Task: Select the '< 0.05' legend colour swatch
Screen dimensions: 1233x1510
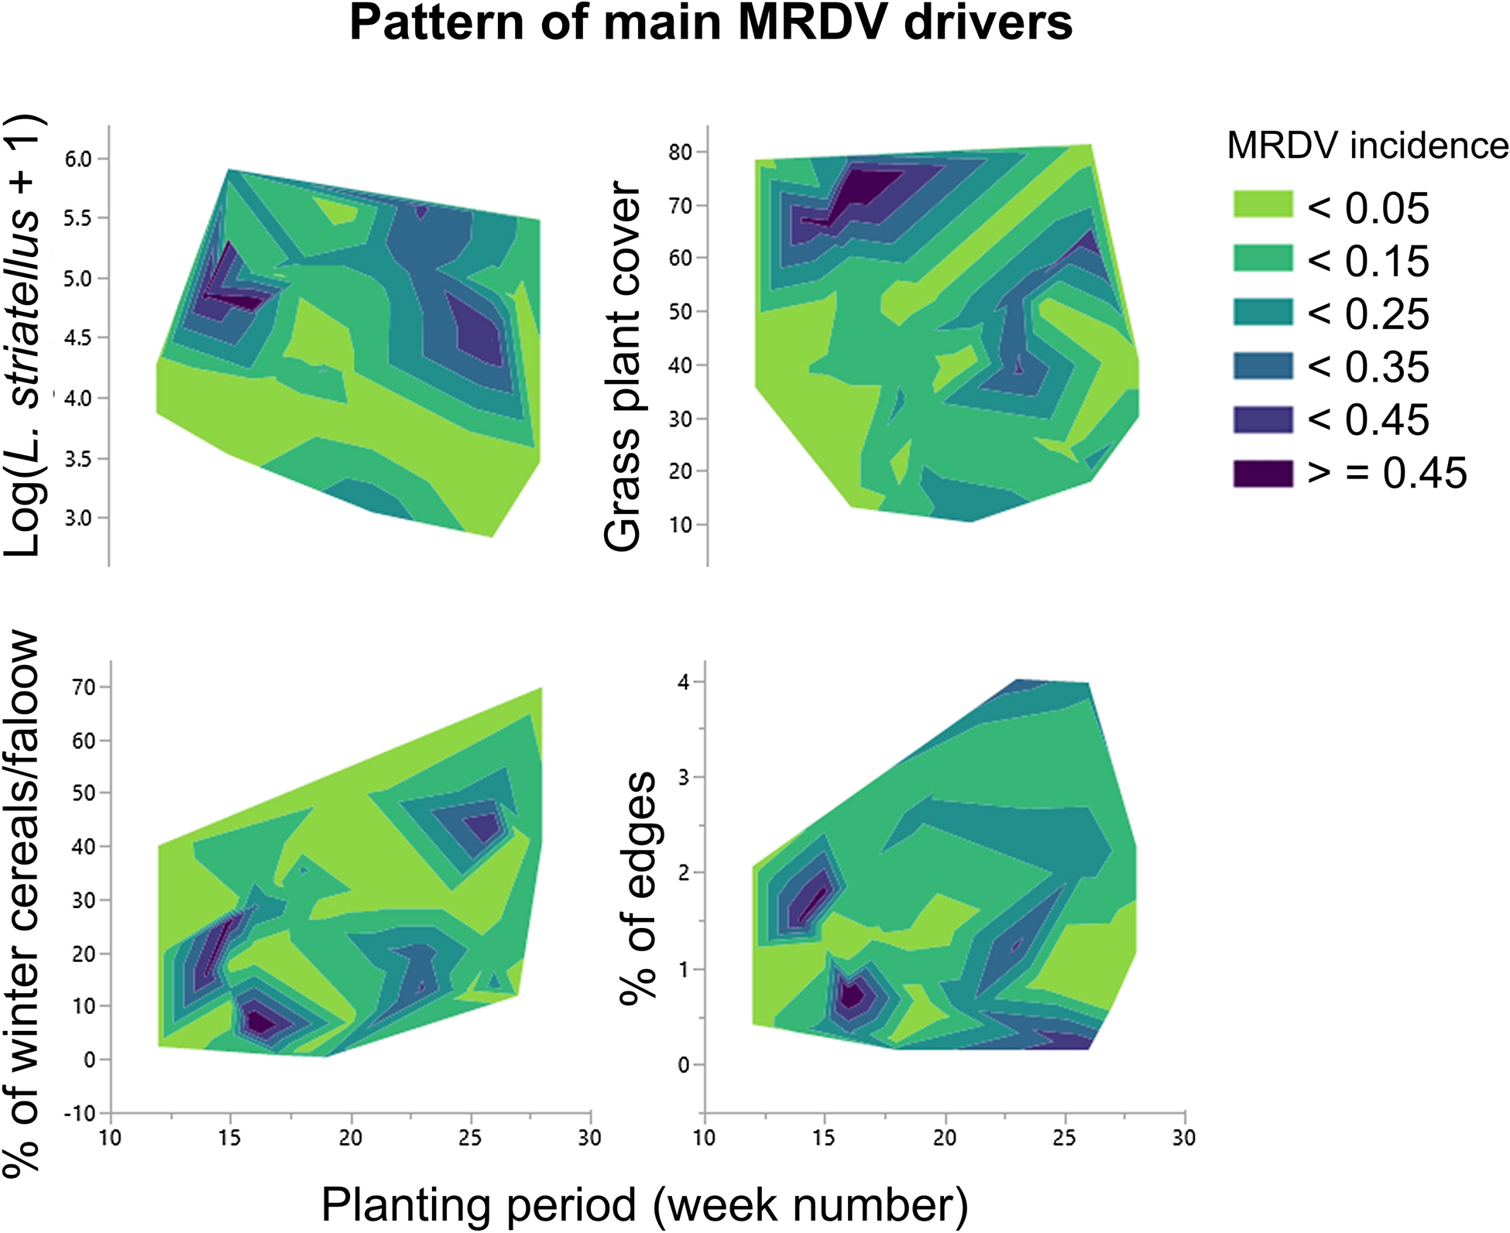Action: pos(1263,205)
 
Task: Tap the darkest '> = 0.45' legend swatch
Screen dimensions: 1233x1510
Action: pos(1263,473)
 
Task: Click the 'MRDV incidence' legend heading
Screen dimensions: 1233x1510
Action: pos(1368,146)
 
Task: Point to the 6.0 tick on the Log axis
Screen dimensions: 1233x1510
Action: pos(77,159)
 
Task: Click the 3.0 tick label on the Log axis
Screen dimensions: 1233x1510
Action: pos(77,518)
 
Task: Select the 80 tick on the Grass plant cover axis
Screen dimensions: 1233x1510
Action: pos(679,152)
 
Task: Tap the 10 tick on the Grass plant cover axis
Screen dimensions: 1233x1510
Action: pos(679,525)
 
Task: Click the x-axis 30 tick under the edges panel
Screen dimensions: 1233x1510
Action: pos(1184,1138)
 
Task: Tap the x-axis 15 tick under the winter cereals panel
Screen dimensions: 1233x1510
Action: pos(230,1138)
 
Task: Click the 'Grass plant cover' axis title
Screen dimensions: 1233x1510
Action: pos(623,368)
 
